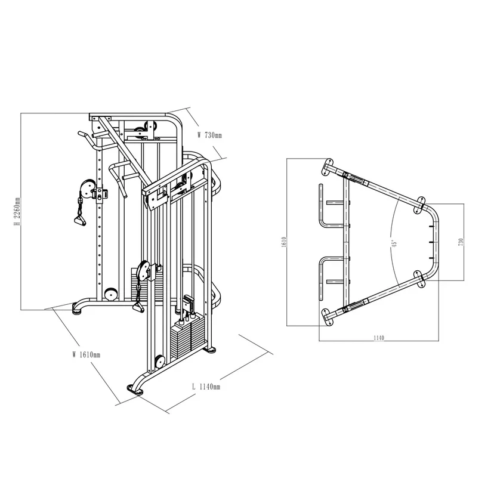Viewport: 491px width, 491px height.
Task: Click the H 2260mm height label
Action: (x=18, y=212)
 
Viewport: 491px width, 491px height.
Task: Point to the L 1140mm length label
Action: (x=206, y=387)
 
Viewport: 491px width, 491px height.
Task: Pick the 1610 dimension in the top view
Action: (x=285, y=242)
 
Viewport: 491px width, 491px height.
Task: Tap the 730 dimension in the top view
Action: (x=461, y=242)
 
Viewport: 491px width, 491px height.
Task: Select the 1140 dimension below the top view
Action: (x=379, y=338)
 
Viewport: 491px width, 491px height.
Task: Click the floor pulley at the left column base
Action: (x=110, y=295)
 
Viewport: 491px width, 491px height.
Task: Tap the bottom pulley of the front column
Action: (x=159, y=362)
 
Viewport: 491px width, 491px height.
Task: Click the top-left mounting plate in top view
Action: (x=327, y=166)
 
